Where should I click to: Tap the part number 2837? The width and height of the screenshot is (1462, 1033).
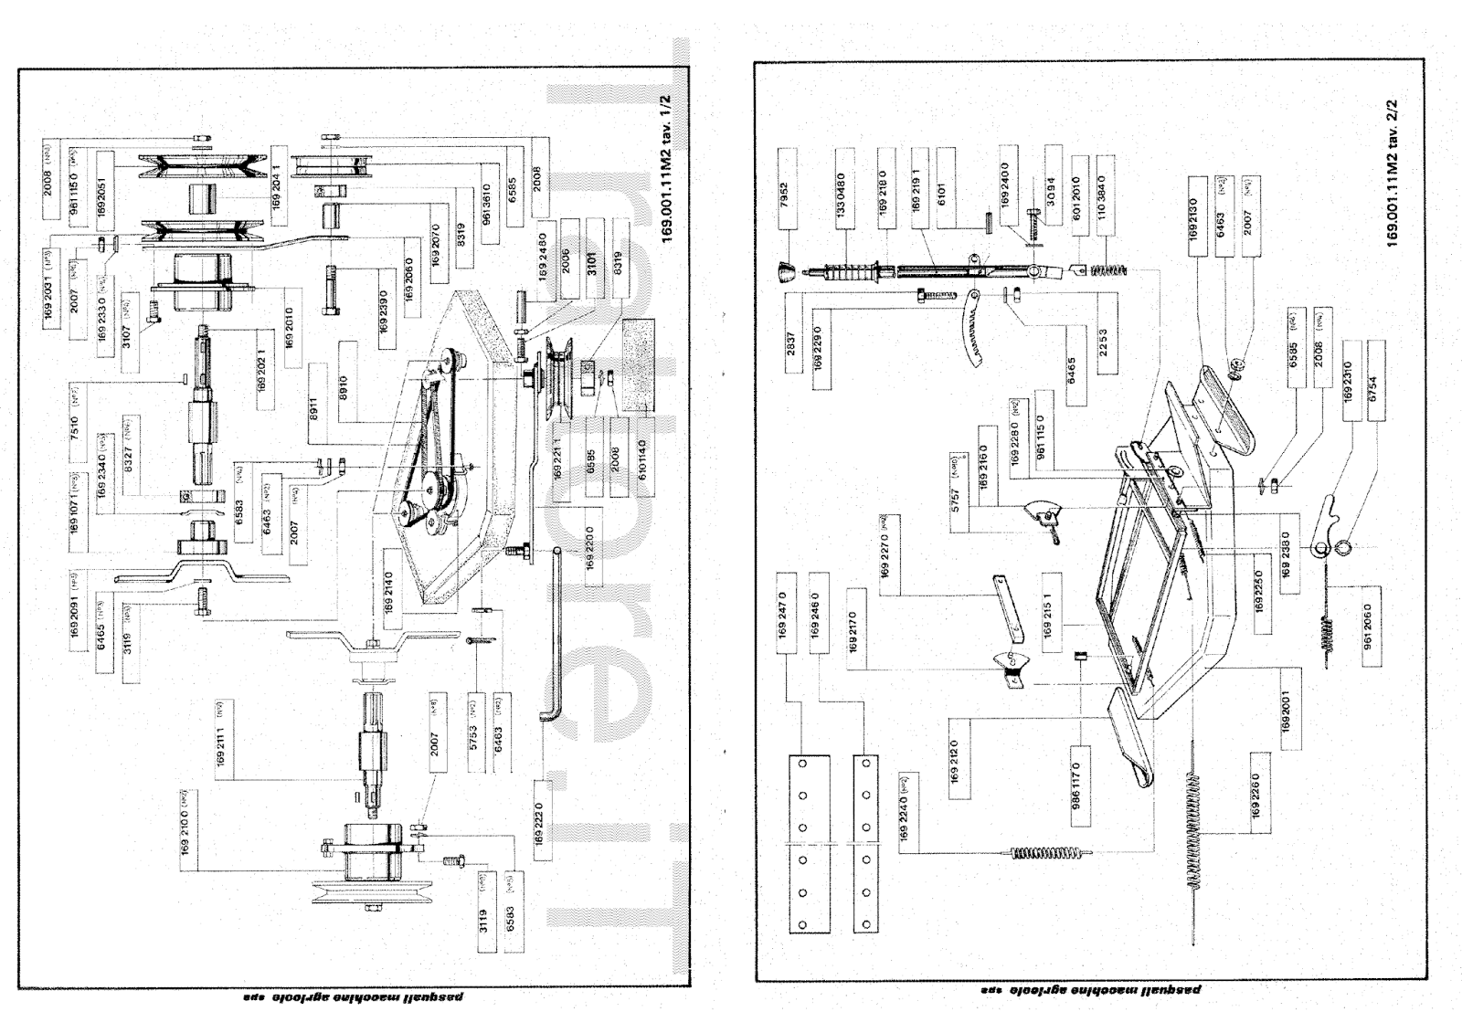[x=791, y=342]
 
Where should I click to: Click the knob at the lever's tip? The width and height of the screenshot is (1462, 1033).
[x=785, y=271]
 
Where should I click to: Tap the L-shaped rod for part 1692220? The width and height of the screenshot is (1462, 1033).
[x=554, y=639]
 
